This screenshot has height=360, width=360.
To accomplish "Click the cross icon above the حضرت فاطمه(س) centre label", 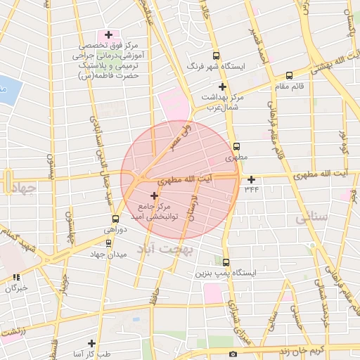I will click(x=108, y=34).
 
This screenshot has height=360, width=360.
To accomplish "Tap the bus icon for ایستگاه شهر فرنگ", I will click(x=215, y=56).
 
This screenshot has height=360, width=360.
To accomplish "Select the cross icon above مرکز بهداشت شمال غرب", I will click(x=223, y=86).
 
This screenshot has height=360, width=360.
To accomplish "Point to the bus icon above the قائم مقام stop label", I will click(x=289, y=75).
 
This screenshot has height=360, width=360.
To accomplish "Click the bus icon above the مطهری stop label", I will click(x=236, y=147).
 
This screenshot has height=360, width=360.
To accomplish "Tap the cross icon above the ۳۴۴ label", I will click(x=252, y=179).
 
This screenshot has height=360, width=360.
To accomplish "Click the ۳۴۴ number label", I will click(x=252, y=188).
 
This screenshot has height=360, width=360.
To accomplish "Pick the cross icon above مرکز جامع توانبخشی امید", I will click(x=155, y=195).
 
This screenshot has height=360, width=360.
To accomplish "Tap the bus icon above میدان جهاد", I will click(x=108, y=243).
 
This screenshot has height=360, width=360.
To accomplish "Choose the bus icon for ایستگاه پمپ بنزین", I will click(x=226, y=262).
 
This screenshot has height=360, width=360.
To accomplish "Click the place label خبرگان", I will click(x=15, y=288).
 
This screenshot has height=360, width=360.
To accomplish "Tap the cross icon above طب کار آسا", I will click(x=91, y=343).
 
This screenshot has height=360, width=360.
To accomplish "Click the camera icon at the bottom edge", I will click(x=233, y=354).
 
